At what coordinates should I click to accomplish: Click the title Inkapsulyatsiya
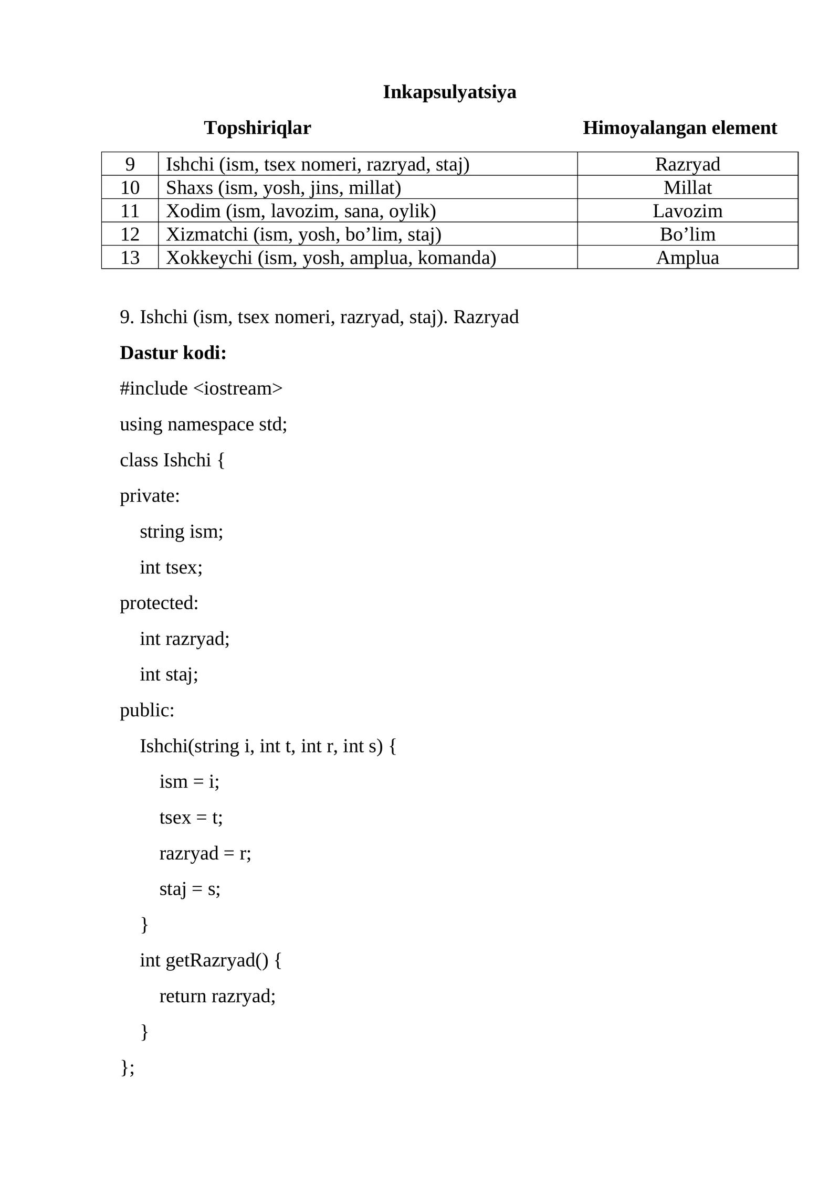pyautogui.click(x=449, y=92)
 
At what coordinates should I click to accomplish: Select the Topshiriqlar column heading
pyautogui.click(x=257, y=128)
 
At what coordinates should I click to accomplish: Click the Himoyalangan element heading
pyautogui.click(x=679, y=128)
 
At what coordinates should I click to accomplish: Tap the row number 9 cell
pyautogui.click(x=130, y=165)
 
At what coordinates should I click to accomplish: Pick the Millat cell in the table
pyautogui.click(x=687, y=188)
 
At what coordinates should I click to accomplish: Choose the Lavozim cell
pyautogui.click(x=687, y=211)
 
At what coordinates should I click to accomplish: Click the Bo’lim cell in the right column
pyautogui.click(x=687, y=235)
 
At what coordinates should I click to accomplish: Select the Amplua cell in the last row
pyautogui.click(x=687, y=258)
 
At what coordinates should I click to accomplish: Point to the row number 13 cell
pyautogui.click(x=130, y=258)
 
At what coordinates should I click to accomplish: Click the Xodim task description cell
pyautogui.click(x=301, y=211)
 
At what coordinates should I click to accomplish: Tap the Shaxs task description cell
pyautogui.click(x=283, y=188)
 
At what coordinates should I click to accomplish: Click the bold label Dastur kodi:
pyautogui.click(x=173, y=353)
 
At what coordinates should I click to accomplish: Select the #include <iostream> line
pyautogui.click(x=201, y=389)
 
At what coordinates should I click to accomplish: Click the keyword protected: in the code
pyautogui.click(x=159, y=603)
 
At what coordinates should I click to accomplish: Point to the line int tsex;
pyautogui.click(x=171, y=568)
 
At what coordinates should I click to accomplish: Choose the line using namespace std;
pyautogui.click(x=204, y=425)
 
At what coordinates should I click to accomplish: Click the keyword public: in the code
pyautogui.click(x=147, y=711)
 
